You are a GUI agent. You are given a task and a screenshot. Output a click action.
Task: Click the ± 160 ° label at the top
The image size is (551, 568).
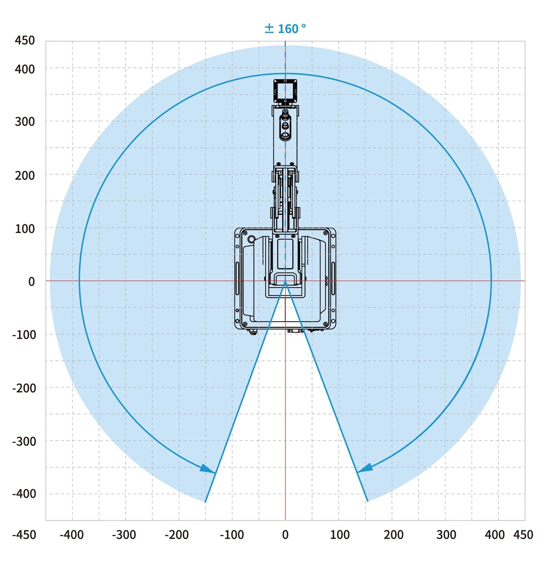point(285,29)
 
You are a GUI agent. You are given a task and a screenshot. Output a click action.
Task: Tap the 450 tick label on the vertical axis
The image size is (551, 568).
point(25,40)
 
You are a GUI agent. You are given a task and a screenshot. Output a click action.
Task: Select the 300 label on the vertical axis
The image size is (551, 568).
point(25,121)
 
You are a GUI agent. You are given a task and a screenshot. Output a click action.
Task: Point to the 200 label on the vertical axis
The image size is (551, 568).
point(25,175)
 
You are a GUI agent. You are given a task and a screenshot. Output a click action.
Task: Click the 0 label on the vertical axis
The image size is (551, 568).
point(32,282)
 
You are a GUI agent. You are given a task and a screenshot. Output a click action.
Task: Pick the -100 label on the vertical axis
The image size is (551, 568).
point(24,335)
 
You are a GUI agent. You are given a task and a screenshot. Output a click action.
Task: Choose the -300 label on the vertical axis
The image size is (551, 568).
point(24,441)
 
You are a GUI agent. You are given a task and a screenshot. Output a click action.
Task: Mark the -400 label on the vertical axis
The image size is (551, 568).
point(24,494)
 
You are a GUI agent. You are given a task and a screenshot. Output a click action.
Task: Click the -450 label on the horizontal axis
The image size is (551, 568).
point(24,535)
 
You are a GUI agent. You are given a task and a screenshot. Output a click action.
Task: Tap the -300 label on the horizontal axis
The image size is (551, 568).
point(124,535)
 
